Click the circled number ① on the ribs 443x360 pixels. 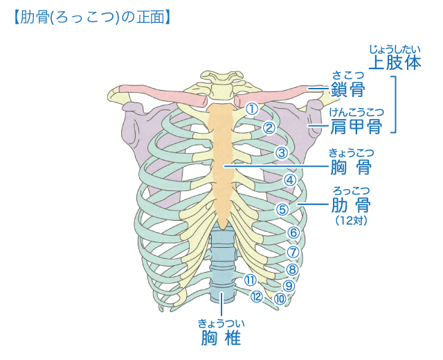(x=252, y=109)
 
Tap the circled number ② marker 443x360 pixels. (x=269, y=127)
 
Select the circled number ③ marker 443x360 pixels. (x=281, y=152)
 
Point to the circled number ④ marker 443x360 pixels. (x=290, y=180)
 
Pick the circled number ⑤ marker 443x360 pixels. (x=282, y=208)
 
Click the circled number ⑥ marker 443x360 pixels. (x=293, y=233)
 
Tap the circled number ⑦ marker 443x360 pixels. (x=293, y=252)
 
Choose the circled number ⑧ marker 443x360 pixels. (x=292, y=270)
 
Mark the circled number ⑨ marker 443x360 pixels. (x=289, y=285)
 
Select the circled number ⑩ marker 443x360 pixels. (x=280, y=299)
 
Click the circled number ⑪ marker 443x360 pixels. (x=250, y=280)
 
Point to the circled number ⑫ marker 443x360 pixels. (x=257, y=297)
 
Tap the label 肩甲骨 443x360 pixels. (x=356, y=127)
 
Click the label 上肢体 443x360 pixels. (x=395, y=62)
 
